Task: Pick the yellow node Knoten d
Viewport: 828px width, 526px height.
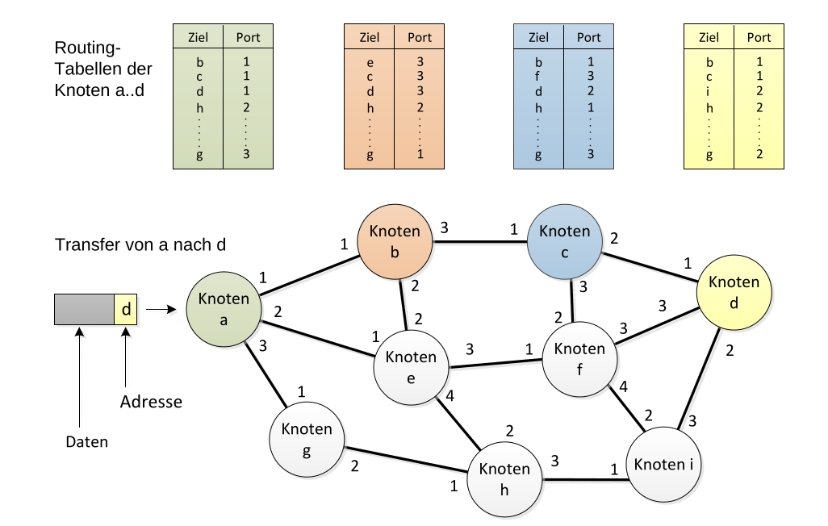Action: pos(734,291)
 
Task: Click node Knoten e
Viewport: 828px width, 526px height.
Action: pos(411,367)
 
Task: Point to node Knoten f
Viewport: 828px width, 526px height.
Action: pos(579,359)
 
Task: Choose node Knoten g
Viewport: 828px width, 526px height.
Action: pos(307,440)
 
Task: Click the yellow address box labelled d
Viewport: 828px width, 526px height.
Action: pos(125,309)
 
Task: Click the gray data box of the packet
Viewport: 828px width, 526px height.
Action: pos(84,309)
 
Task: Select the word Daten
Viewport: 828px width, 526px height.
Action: pos(86,441)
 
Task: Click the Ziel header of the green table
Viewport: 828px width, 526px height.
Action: pos(198,37)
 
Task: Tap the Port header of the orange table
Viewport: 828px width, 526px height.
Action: pos(420,37)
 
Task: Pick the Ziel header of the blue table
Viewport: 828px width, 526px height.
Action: pos(538,37)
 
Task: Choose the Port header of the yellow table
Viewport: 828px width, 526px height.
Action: pos(759,37)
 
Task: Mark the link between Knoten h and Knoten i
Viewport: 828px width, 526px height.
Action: pos(584,482)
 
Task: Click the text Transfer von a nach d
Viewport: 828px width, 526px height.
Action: pos(140,244)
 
